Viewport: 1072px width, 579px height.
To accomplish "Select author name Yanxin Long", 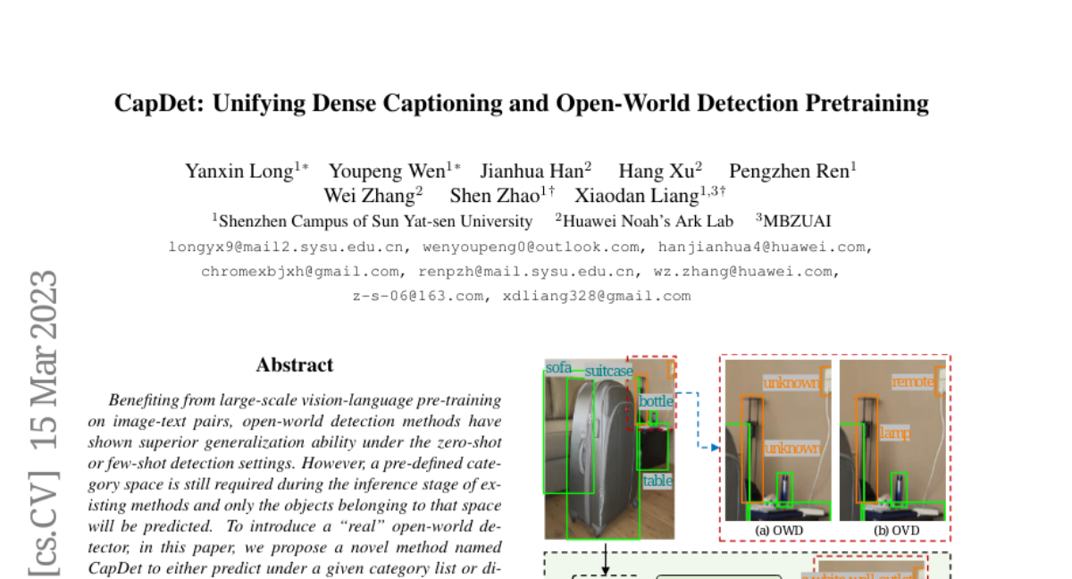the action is (239, 172).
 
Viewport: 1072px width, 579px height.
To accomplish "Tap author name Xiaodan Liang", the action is (637, 196).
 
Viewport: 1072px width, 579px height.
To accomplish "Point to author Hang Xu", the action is (656, 171).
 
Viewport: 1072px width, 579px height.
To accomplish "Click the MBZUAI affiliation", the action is (797, 221).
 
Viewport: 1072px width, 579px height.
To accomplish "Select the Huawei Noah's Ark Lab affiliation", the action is (648, 221).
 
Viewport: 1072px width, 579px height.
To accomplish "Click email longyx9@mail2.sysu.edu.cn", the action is (286, 248).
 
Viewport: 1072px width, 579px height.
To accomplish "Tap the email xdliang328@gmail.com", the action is (597, 297).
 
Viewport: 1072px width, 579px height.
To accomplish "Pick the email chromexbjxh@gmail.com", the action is (299, 272).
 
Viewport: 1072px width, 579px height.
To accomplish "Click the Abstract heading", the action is (294, 365).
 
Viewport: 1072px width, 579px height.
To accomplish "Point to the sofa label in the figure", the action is (558, 367).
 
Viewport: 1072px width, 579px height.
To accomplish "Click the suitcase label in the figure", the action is (608, 371).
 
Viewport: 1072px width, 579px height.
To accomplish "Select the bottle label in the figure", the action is (656, 401).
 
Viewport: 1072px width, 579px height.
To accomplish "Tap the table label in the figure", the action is (657, 481).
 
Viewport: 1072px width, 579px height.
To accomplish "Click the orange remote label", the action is (913, 382).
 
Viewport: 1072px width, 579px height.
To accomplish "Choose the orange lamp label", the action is (894, 433).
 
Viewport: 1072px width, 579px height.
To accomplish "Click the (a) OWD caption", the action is (779, 531).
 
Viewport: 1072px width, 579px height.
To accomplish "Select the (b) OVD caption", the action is (896, 531).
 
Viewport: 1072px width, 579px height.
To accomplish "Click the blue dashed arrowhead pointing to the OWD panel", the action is (716, 448).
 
